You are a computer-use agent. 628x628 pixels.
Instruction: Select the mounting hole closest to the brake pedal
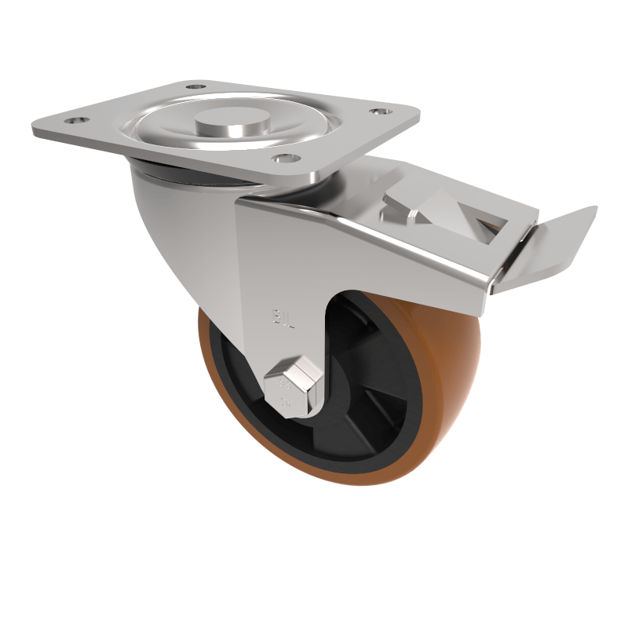(x=379, y=114)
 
